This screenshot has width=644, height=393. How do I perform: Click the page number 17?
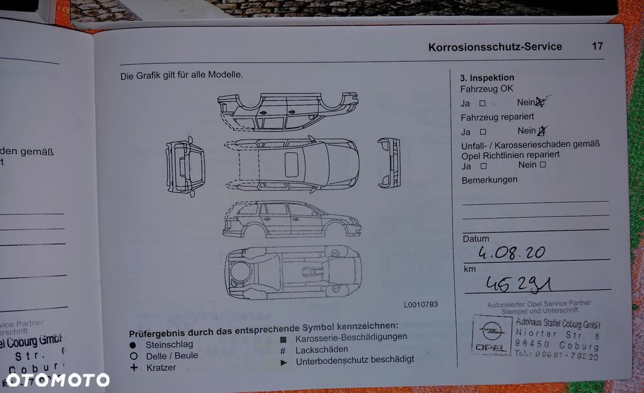click(x=597, y=46)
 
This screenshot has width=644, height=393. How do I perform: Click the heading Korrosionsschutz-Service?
click(x=495, y=46)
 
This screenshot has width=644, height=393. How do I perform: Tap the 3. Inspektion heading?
click(x=487, y=77)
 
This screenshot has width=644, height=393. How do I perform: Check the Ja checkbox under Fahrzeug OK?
click(x=482, y=103)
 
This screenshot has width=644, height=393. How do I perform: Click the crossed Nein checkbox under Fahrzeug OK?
click(x=540, y=102)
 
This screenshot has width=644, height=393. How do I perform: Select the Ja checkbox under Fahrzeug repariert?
click(x=482, y=131)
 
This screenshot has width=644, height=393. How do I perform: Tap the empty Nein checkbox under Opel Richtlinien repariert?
click(x=542, y=165)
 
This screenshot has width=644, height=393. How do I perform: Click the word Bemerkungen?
click(x=489, y=180)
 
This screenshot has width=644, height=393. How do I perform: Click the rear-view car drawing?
click(x=185, y=166)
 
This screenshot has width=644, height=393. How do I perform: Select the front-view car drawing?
click(x=389, y=163)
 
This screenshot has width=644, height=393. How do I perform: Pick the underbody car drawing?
click(x=294, y=272)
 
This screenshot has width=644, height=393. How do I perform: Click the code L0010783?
click(x=421, y=304)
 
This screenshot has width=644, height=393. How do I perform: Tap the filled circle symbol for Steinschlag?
click(x=133, y=345)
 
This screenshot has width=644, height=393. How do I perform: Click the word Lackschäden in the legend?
click(x=321, y=349)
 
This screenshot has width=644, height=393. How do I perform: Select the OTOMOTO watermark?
click(x=57, y=379)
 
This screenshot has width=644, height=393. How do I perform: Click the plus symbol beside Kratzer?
click(x=134, y=367)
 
